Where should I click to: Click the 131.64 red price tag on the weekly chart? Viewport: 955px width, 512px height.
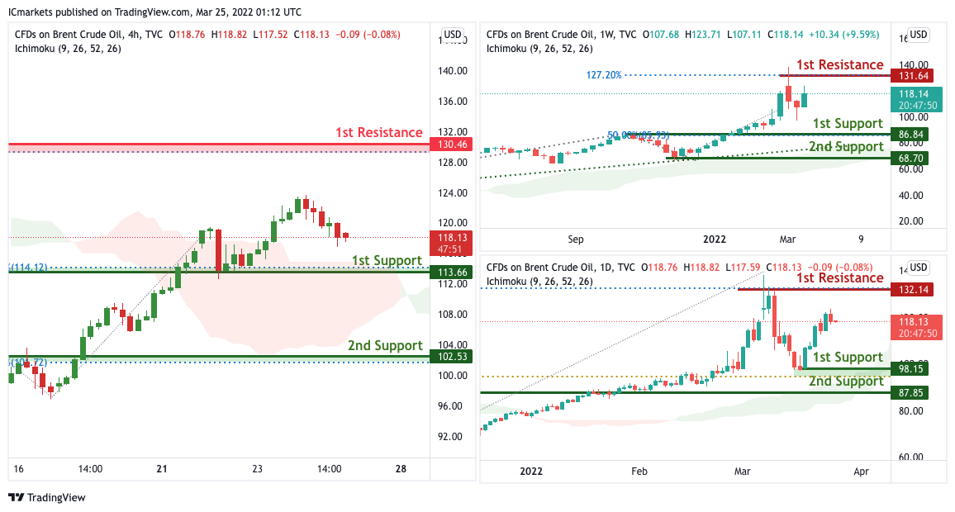[911, 76]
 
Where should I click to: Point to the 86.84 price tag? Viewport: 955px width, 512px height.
[911, 133]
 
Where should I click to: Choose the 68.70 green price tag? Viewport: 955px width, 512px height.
[911, 157]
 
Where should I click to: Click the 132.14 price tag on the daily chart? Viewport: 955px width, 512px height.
[911, 290]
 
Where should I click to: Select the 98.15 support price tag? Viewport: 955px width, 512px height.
[911, 370]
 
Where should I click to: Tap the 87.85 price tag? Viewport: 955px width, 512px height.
[911, 393]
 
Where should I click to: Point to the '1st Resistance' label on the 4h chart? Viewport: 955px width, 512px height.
[378, 132]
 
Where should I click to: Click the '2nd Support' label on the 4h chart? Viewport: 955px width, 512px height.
[385, 345]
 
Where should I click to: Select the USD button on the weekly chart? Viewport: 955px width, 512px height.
[919, 35]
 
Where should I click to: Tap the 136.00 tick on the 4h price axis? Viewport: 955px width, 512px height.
[454, 102]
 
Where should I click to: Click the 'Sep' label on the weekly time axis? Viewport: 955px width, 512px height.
[576, 239]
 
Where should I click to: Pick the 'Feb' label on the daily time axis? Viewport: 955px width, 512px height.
[639, 472]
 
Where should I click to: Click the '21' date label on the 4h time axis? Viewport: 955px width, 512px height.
[161, 469]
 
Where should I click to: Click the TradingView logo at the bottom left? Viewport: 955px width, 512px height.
[47, 498]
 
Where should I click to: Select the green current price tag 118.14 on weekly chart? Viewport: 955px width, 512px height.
[916, 100]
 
